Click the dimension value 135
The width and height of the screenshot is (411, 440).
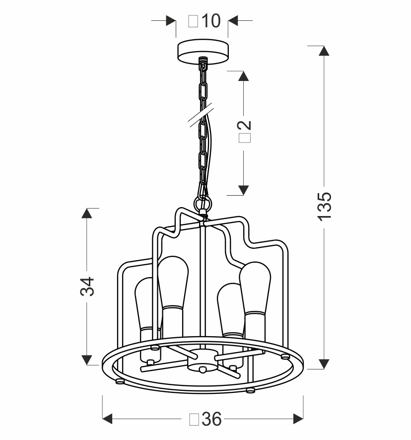pyautogui.click(x=324, y=206)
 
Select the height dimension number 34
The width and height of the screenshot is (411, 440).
pyautogui.click(x=87, y=287)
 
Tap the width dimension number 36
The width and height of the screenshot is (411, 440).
pyautogui.click(x=212, y=420)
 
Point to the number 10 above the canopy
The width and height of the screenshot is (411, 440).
pyautogui.click(x=210, y=21)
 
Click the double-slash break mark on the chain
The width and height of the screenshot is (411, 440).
pyautogui.click(x=202, y=116)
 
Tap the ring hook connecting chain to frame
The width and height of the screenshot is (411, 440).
pyautogui.click(x=203, y=204)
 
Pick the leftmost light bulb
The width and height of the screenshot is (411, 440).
pyautogui.click(x=147, y=308)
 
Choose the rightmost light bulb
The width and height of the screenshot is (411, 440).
pyautogui.click(x=256, y=293)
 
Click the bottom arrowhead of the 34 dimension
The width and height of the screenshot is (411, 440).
pyautogui.click(x=87, y=360)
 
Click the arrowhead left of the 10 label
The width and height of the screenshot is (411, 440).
pyautogui.click(x=170, y=21)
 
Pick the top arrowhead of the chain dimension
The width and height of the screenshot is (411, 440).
pyautogui.click(x=243, y=76)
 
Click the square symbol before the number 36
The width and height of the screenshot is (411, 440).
pyautogui.click(x=194, y=420)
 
